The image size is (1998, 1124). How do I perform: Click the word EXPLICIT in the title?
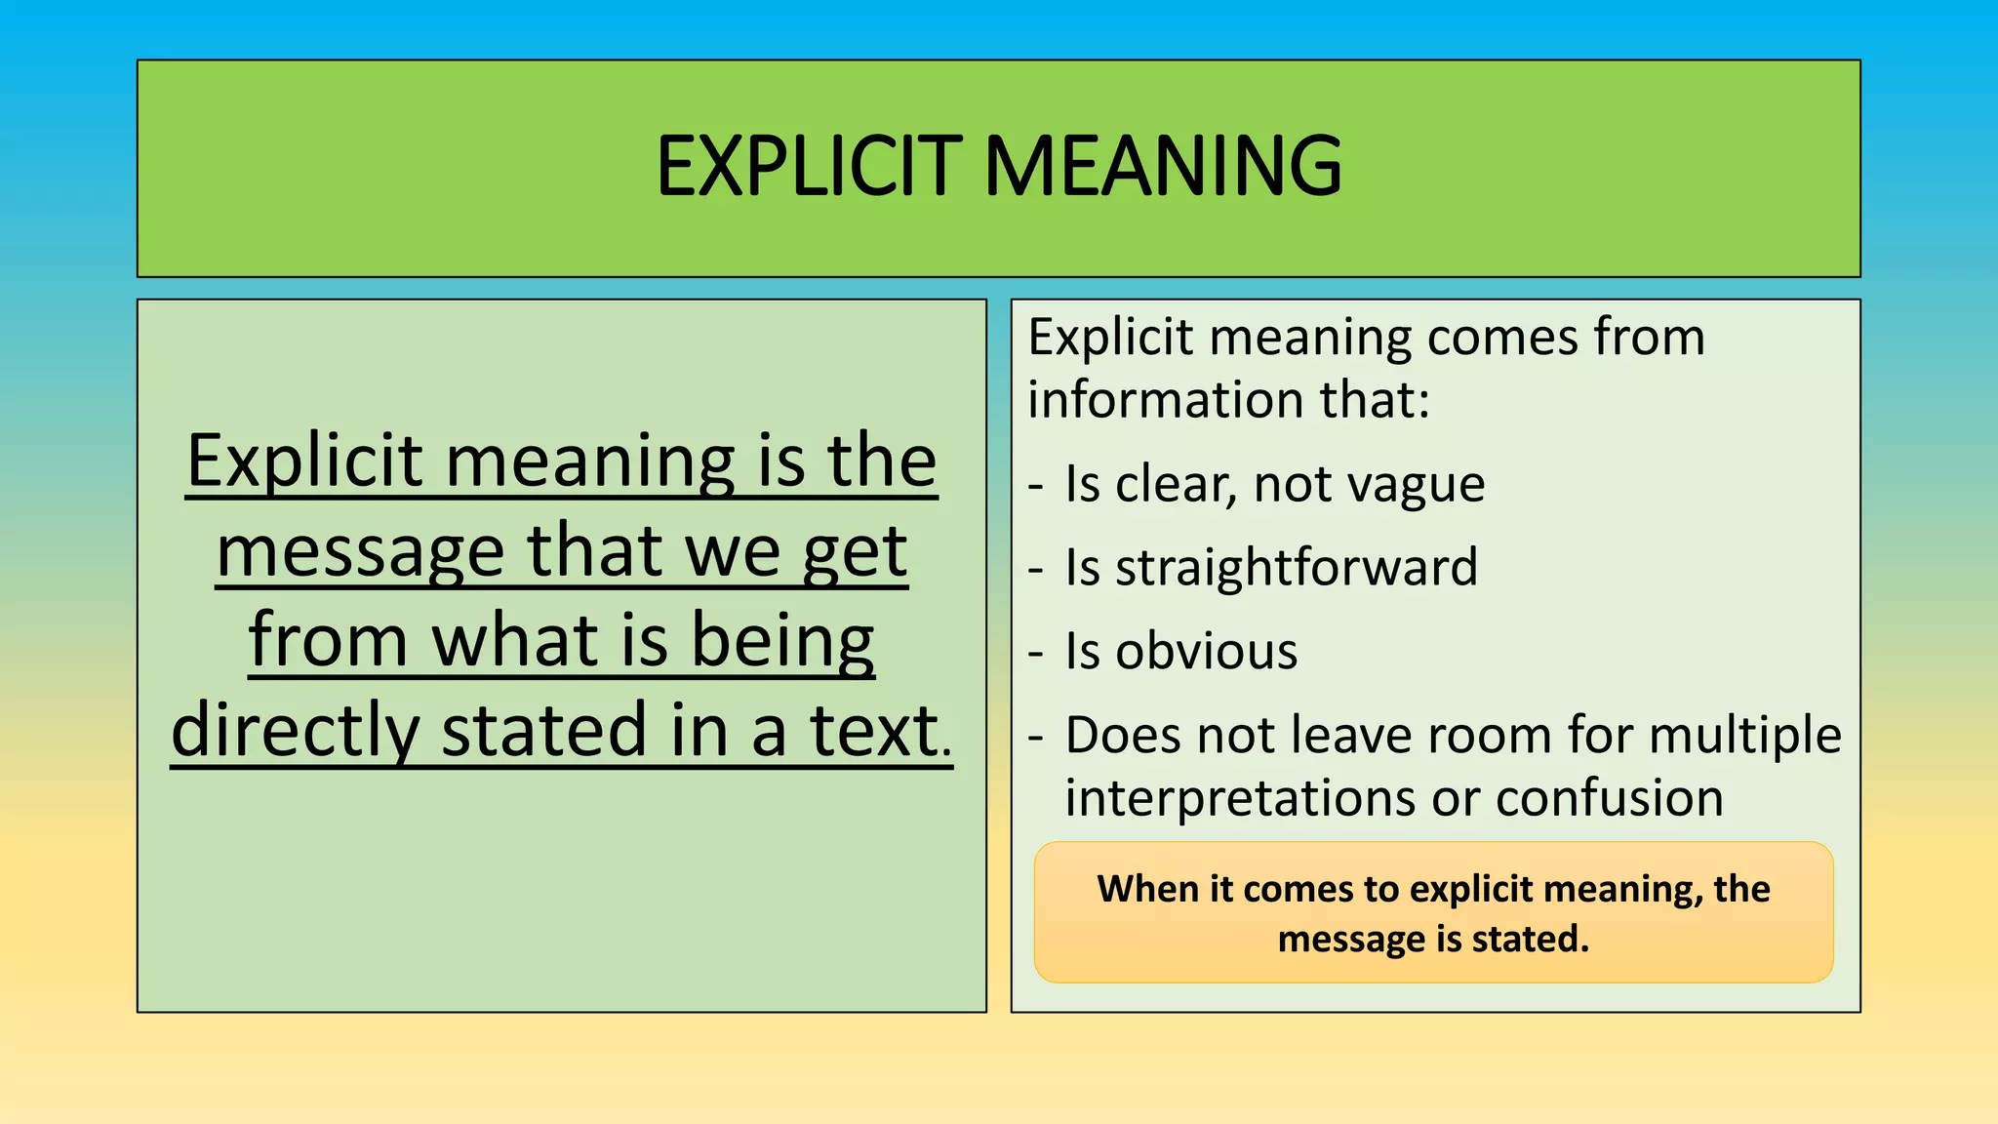[810, 166]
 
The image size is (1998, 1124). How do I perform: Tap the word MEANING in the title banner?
[1163, 166]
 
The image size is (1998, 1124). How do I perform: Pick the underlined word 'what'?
[516, 641]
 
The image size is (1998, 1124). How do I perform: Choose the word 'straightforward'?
[1297, 567]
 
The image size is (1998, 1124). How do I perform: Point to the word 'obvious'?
[1207, 651]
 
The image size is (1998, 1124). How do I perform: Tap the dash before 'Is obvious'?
[1036, 654]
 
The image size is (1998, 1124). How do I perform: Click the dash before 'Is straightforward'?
[1036, 570]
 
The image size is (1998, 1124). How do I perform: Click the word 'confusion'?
[1610, 798]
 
